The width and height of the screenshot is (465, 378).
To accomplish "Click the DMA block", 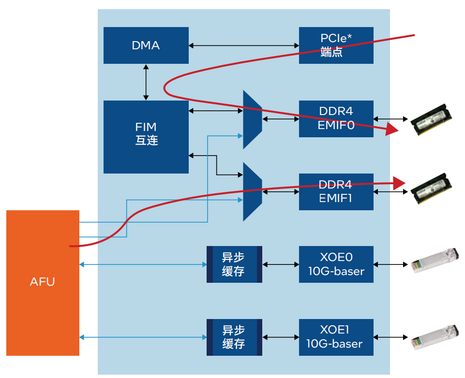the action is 146,45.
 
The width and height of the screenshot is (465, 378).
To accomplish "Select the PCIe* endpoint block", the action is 336,45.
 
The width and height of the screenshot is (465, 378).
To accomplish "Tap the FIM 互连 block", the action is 146,137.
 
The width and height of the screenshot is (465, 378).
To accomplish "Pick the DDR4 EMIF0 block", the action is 336,119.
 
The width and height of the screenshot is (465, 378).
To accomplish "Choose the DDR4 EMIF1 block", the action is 336,192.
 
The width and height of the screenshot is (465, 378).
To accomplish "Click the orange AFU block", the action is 43,283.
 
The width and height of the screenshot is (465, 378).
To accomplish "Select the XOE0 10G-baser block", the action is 336,264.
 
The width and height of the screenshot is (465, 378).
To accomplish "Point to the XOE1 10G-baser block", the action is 336,337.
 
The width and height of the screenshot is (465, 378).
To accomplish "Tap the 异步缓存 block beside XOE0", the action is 234,264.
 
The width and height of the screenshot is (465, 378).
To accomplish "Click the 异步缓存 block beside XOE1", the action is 234,337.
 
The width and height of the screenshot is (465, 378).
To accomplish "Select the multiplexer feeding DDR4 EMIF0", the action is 253,120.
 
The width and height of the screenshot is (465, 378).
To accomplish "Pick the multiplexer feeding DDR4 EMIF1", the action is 253,192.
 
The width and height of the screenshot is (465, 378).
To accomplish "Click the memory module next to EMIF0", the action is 431,119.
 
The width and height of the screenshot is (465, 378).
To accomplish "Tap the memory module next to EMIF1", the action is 431,189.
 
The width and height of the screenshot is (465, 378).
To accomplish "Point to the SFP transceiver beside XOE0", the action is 435,260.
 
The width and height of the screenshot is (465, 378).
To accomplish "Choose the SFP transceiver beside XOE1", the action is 435,337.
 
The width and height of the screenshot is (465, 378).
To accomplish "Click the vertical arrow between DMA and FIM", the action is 146,82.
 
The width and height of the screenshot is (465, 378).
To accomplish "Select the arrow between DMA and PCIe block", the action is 244,45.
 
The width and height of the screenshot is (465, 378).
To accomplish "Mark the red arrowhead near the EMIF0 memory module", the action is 391,129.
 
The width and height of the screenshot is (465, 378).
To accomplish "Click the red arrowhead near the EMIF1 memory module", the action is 399,183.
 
